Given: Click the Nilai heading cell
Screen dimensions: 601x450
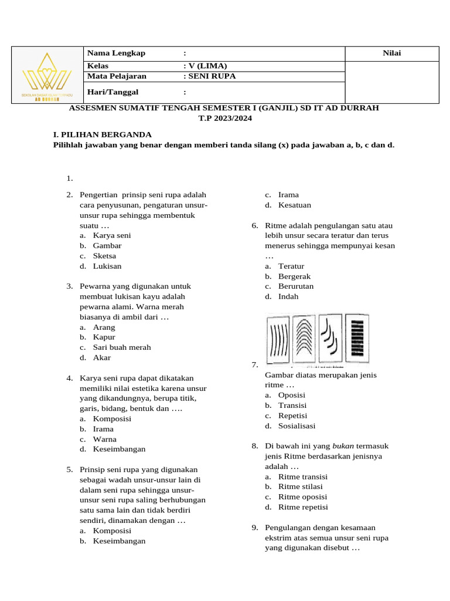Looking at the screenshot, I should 391,53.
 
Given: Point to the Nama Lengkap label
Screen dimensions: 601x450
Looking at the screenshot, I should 116,53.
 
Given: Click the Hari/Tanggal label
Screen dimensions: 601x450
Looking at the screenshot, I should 113,92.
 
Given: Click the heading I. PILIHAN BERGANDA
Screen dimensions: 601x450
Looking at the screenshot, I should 103,134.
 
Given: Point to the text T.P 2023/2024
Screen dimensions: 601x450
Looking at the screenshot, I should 224,117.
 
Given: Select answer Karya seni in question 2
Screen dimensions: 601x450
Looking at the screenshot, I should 111,235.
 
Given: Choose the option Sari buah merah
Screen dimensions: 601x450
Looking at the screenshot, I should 121,347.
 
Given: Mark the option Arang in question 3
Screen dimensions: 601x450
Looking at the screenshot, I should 104,327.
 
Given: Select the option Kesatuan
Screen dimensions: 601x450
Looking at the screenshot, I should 295,205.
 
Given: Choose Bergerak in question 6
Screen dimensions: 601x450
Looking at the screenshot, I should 295,276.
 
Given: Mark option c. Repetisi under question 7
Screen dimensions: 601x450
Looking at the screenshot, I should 292,416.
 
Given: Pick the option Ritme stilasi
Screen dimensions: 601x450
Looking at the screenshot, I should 301,487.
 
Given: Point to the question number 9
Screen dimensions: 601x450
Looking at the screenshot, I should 255,528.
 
